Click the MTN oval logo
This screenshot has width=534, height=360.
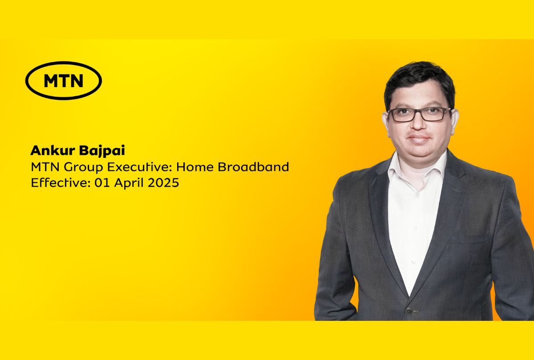(x=64, y=81)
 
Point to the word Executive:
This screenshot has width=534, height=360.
(x=140, y=167)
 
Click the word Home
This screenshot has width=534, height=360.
(x=195, y=167)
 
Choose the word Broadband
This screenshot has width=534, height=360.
(x=253, y=166)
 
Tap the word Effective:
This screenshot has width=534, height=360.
(x=61, y=183)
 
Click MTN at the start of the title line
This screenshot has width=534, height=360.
(x=45, y=167)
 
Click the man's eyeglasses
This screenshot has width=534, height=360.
(x=420, y=114)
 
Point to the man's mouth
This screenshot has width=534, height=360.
(x=419, y=138)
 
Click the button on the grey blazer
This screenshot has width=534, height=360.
(x=409, y=311)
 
